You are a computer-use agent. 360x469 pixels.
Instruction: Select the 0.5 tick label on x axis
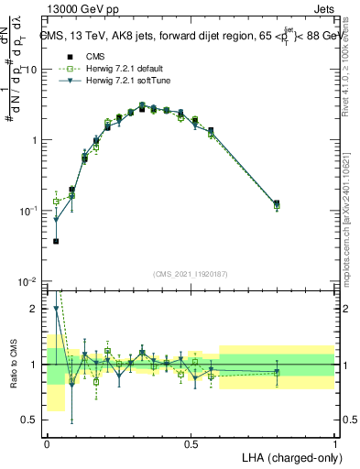click(x=191, y=444)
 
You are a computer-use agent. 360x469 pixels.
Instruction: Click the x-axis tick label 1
click(x=334, y=444)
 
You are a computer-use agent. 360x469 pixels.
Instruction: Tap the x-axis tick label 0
click(x=47, y=444)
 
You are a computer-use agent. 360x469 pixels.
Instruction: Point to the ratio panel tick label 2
click(x=35, y=309)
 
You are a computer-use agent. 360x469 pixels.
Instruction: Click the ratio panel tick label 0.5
click(x=30, y=420)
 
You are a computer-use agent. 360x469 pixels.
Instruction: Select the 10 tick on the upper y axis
click(x=30, y=70)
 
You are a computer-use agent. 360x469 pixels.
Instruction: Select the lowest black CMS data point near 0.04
click(x=56, y=241)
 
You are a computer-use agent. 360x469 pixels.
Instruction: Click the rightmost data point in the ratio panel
click(x=277, y=372)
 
